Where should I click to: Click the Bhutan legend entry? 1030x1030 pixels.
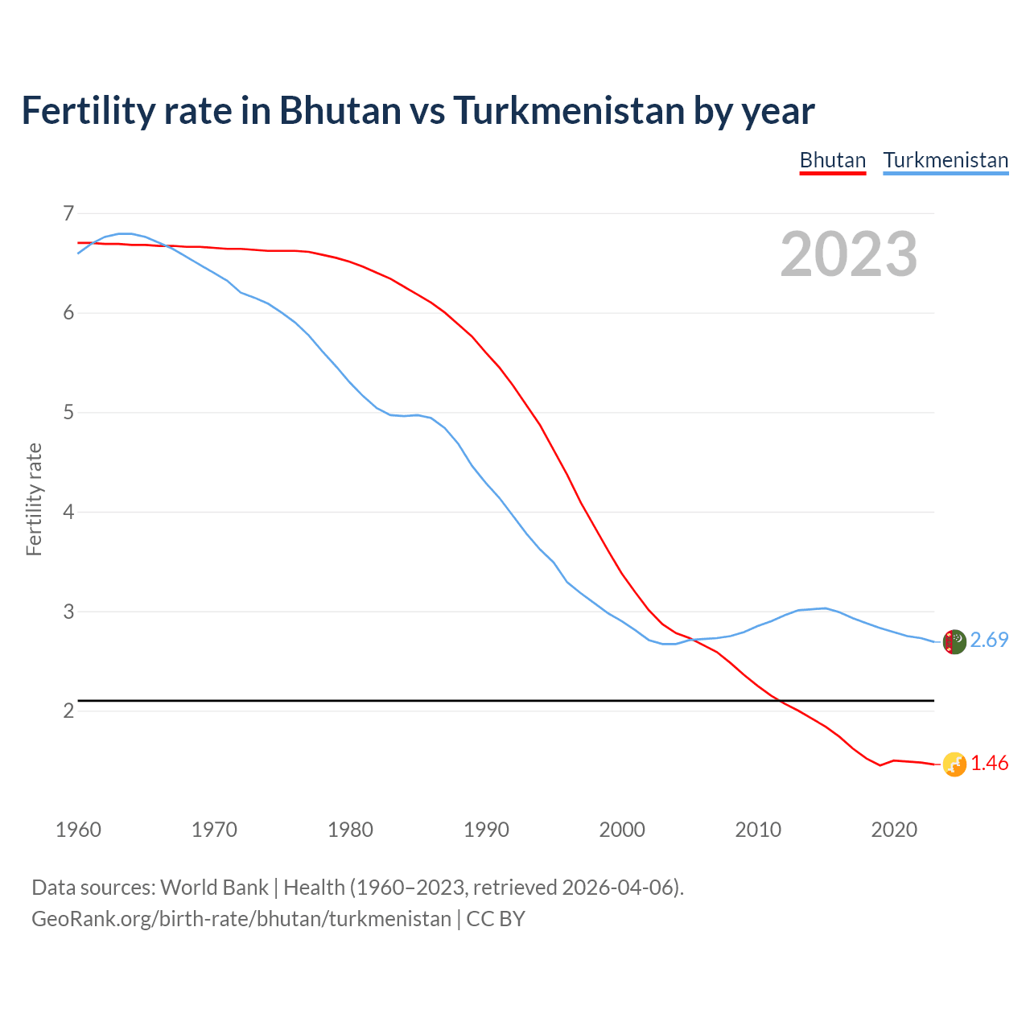pyautogui.click(x=832, y=160)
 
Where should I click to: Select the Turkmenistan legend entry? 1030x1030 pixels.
pyautogui.click(x=946, y=160)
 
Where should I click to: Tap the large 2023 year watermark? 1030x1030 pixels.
pyautogui.click(x=849, y=254)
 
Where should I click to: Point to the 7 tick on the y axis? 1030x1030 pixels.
pyautogui.click(x=68, y=213)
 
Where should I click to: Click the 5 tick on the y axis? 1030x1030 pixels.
pyautogui.click(x=68, y=413)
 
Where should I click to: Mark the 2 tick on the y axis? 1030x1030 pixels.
pyautogui.click(x=68, y=711)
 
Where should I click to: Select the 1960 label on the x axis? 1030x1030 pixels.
pyautogui.click(x=78, y=830)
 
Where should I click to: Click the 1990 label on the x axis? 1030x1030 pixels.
pyautogui.click(x=486, y=830)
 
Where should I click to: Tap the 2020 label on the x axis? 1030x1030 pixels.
pyautogui.click(x=894, y=830)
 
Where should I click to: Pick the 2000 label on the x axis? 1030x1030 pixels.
pyautogui.click(x=622, y=830)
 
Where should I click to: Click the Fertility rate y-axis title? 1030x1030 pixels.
pyautogui.click(x=34, y=499)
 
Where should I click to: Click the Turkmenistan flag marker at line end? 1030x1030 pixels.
pyautogui.click(x=954, y=641)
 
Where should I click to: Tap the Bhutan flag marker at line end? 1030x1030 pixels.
pyautogui.click(x=954, y=764)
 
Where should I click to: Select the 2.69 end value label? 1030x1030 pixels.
pyautogui.click(x=989, y=640)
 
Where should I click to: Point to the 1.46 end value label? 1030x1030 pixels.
pyautogui.click(x=989, y=763)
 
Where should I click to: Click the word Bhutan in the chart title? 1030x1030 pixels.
pyautogui.click(x=340, y=110)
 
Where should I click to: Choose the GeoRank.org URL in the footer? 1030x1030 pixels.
pyautogui.click(x=241, y=919)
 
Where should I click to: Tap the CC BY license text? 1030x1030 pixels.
pyautogui.click(x=496, y=919)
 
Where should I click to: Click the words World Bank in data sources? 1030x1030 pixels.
pyautogui.click(x=214, y=888)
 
